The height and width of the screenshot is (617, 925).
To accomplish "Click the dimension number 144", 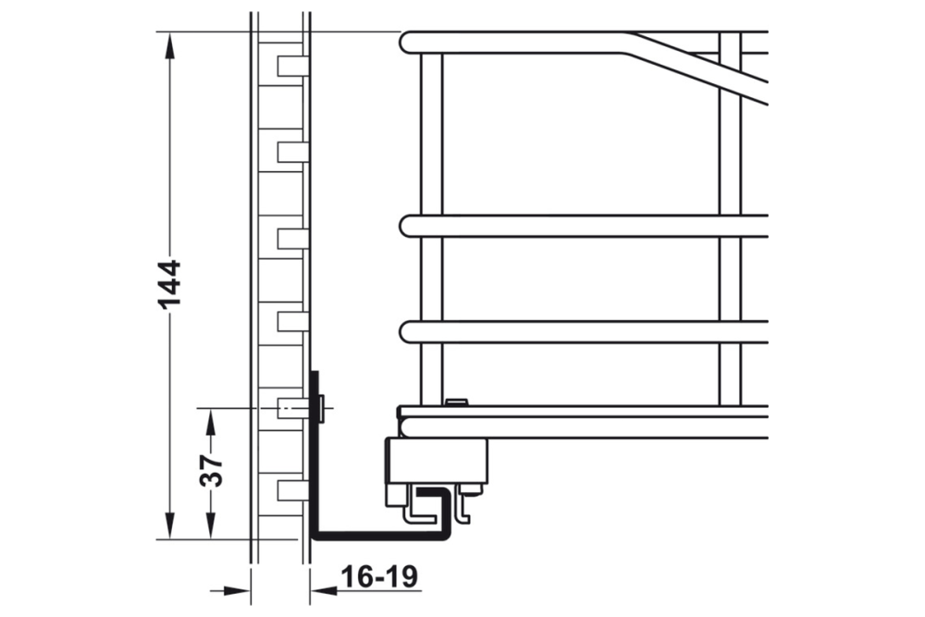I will (170, 286).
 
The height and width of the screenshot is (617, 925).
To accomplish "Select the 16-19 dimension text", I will (378, 577).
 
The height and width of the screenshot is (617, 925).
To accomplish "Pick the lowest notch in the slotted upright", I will (290, 489).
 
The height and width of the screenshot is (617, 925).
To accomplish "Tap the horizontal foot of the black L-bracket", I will (379, 534).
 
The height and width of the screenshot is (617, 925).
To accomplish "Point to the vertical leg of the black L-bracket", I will (314, 453).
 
